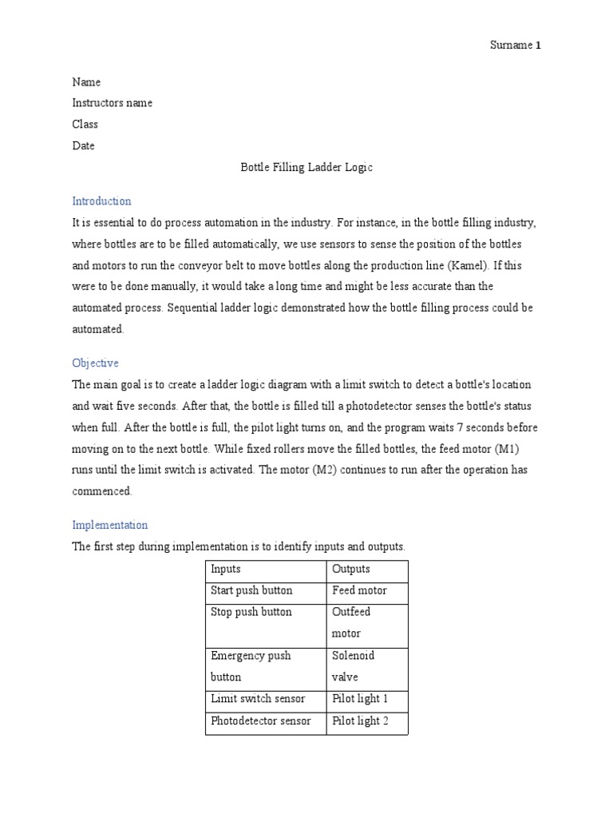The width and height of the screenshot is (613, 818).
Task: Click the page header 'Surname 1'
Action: (x=515, y=46)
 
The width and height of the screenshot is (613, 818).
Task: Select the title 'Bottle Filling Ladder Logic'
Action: (x=306, y=168)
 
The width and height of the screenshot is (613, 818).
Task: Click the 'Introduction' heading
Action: (x=101, y=201)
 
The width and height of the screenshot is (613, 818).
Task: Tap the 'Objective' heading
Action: (x=95, y=363)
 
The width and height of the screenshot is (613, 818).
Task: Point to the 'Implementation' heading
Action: (x=109, y=526)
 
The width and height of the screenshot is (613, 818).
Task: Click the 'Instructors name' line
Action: (x=112, y=103)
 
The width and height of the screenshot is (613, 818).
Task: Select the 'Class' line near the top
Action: (x=85, y=125)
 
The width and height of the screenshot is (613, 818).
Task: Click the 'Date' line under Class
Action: (x=83, y=146)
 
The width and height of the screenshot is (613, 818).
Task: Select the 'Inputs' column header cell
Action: (x=225, y=570)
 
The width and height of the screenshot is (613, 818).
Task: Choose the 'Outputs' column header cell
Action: (x=350, y=570)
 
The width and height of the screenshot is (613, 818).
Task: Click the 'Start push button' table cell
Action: (x=251, y=591)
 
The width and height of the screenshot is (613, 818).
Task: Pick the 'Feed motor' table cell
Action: (x=359, y=591)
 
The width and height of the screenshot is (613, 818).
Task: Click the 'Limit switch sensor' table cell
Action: (x=258, y=699)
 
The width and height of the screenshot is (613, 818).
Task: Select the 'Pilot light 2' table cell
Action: (x=360, y=721)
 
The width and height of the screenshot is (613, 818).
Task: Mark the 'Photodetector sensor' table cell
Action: (x=260, y=721)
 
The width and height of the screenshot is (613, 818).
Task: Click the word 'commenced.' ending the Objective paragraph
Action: (x=102, y=491)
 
